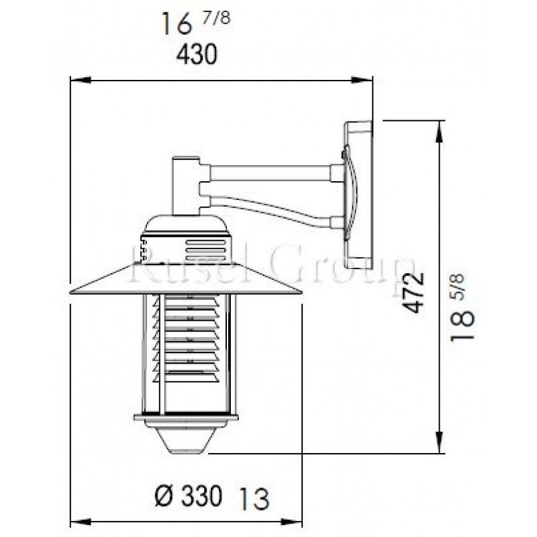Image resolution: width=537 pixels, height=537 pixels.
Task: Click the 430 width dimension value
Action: (x=197, y=55)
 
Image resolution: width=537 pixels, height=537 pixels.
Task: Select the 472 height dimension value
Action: (x=416, y=291)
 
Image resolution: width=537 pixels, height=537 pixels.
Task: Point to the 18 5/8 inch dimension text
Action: (x=463, y=308)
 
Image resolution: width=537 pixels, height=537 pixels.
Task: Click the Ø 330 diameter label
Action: (x=188, y=497)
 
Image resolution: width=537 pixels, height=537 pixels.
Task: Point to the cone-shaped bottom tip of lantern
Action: (x=185, y=439)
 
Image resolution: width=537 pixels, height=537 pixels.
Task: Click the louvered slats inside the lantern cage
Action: (x=191, y=339)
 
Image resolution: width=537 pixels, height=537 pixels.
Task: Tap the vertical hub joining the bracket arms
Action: (x=185, y=185)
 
